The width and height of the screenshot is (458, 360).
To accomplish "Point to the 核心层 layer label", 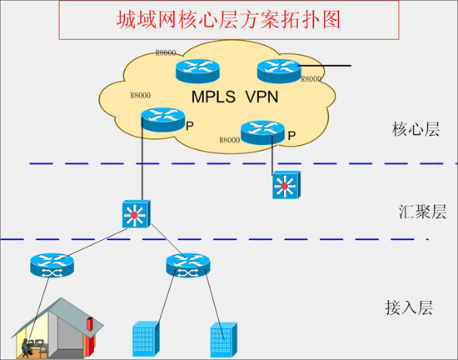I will click(x=414, y=131).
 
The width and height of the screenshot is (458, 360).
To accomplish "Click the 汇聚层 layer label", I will click(x=414, y=212).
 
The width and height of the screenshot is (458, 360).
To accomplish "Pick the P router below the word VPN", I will click(x=261, y=131).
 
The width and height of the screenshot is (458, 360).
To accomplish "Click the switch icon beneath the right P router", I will click(x=284, y=186).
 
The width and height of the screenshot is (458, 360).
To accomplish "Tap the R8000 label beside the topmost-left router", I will click(x=165, y=53).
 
